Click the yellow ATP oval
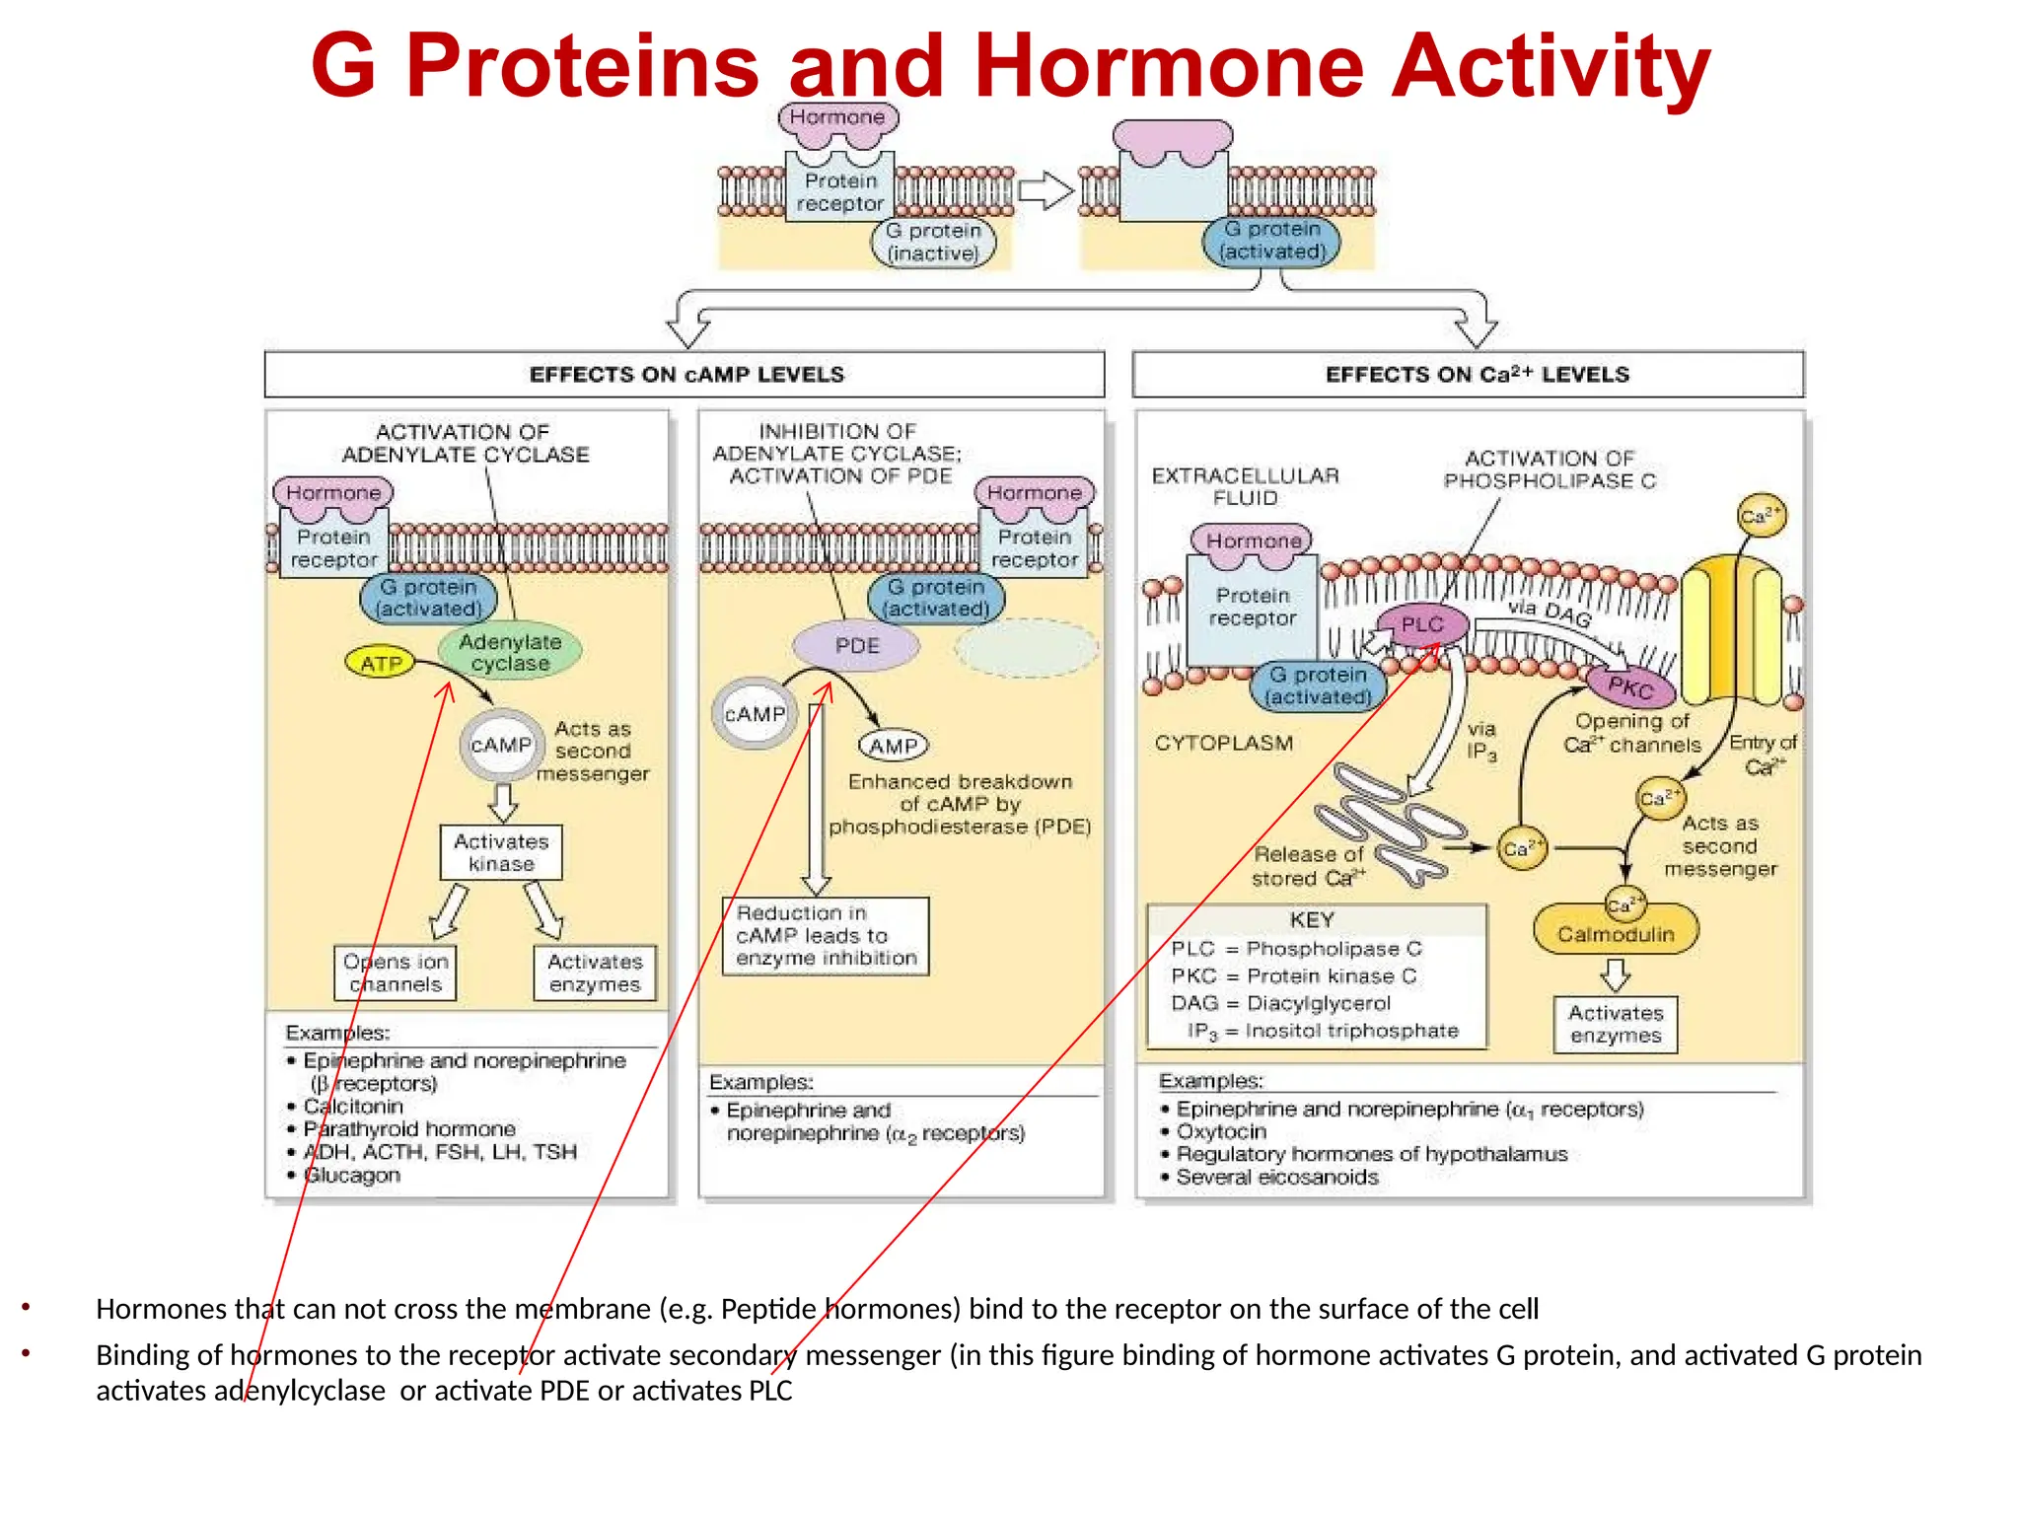[x=380, y=663]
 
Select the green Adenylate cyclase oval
[x=510, y=652]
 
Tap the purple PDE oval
[x=856, y=646]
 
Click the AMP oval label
[x=894, y=747]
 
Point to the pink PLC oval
[x=1421, y=624]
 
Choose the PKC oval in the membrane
[x=1630, y=686]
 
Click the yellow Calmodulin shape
[x=1616, y=933]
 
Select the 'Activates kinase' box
[x=501, y=852]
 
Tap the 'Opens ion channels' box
[x=396, y=973]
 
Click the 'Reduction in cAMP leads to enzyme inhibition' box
[x=826, y=936]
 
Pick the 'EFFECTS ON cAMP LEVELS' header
[x=685, y=375]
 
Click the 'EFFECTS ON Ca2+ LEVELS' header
[x=1477, y=375]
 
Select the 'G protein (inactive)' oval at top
[x=933, y=242]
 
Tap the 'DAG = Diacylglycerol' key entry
[x=1280, y=1003]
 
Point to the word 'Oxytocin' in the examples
[x=1221, y=1131]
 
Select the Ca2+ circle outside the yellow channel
[x=1761, y=515]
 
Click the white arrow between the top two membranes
[x=1045, y=189]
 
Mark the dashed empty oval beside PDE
[x=1026, y=648]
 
